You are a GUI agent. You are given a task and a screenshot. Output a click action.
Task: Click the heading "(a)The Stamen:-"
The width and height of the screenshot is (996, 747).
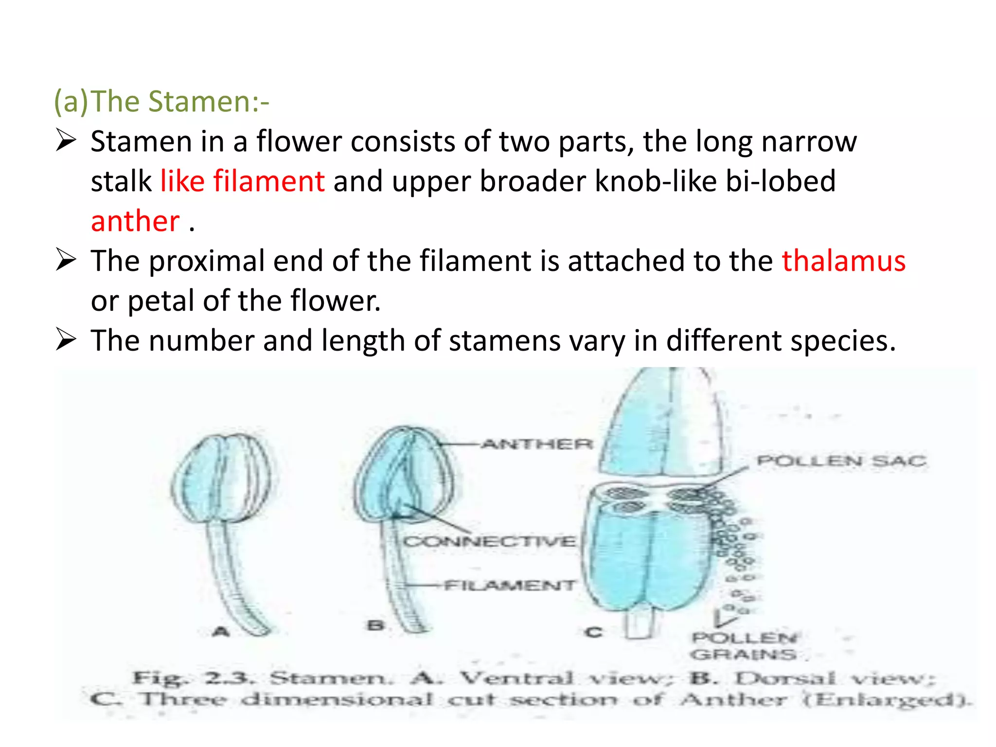(161, 102)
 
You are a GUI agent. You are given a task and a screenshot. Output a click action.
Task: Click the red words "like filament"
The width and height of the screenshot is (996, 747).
(242, 181)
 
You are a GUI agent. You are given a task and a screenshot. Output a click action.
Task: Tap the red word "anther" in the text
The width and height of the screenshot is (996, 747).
(135, 221)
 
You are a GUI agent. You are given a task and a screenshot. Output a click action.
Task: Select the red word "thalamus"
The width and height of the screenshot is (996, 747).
(843, 261)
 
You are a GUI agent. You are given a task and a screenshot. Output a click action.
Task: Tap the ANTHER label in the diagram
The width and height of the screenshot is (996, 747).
(537, 444)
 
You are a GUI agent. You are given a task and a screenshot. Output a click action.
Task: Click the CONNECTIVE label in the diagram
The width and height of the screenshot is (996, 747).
(489, 541)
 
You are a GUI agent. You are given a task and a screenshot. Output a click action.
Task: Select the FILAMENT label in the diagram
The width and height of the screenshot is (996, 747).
(509, 585)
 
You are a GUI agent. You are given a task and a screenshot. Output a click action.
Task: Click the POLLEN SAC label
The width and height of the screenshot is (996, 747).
(841, 461)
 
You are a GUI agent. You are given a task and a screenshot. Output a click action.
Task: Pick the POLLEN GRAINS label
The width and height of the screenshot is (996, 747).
(744, 646)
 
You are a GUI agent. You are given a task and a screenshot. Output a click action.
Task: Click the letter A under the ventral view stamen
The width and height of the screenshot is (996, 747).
(221, 632)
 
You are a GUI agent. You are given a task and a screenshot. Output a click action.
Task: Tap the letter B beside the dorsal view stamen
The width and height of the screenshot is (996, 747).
(375, 625)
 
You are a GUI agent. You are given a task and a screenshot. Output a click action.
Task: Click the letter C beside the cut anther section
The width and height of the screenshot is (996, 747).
(593, 632)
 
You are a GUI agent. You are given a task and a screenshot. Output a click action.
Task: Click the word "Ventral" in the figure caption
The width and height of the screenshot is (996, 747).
(517, 677)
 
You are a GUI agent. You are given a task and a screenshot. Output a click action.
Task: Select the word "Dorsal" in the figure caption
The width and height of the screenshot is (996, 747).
(784, 677)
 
